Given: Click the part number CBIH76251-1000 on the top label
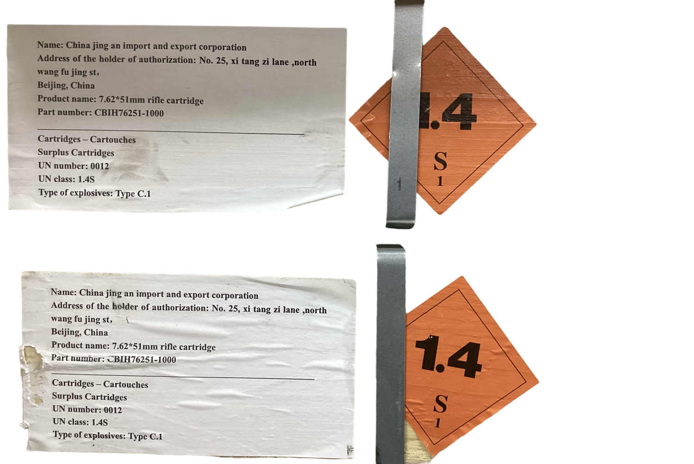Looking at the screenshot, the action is tap(129, 113).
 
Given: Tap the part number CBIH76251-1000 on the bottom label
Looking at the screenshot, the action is tap(142, 360).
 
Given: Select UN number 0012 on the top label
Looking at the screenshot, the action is tap(100, 166).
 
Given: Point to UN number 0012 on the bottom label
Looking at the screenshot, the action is tap(113, 410).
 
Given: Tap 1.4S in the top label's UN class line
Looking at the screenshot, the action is tap(86, 179).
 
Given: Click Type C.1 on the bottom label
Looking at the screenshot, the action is tap(145, 436).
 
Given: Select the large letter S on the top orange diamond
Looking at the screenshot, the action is tap(440, 161).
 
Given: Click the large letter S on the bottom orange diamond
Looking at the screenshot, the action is tap(441, 404).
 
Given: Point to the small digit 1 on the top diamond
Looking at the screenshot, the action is tap(440, 181).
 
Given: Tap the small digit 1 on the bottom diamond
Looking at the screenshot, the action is tap(438, 423).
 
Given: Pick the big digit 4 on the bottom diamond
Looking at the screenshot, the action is tap(464, 360).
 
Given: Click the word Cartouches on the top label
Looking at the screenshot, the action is tap(113, 140).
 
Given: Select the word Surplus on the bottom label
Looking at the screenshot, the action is tap(67, 396).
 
